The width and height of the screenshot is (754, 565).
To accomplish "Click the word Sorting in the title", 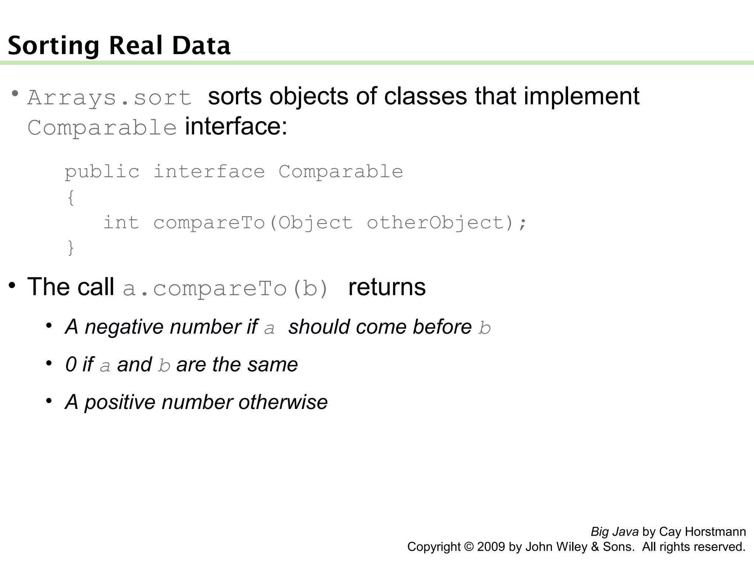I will click(54, 46).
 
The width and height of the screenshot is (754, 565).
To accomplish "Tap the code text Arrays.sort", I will click(109, 98).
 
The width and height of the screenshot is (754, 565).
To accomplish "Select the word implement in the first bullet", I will click(581, 96).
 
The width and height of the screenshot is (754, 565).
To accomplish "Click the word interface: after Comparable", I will click(236, 127).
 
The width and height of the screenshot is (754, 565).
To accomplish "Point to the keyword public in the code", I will click(102, 172).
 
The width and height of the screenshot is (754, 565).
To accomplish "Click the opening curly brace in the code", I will click(71, 198).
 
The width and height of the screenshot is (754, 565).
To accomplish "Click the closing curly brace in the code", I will click(71, 248).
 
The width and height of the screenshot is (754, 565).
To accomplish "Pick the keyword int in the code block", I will click(121, 223).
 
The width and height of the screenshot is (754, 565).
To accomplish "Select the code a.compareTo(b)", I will click(225, 288).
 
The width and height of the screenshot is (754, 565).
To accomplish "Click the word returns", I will click(387, 287).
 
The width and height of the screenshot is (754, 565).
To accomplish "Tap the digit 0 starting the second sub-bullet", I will click(71, 365).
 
